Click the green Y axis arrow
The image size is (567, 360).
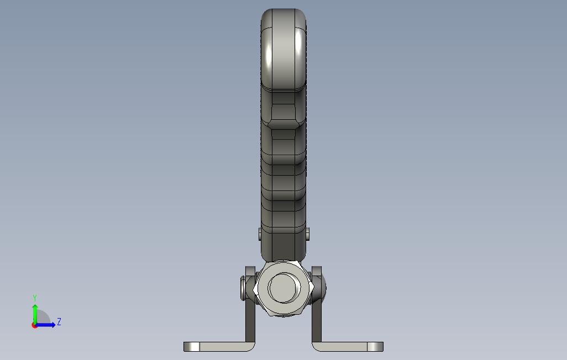35,311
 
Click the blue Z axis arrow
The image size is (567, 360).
48,325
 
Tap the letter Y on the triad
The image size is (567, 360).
35,298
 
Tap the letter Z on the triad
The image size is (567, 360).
59,321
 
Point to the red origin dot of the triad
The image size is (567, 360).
34,325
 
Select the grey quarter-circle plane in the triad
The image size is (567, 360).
43,318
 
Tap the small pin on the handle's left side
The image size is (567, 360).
260,234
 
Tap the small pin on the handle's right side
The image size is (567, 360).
307,234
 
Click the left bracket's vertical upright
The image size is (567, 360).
250,320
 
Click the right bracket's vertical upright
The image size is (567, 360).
317,320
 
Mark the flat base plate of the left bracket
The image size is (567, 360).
221,347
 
